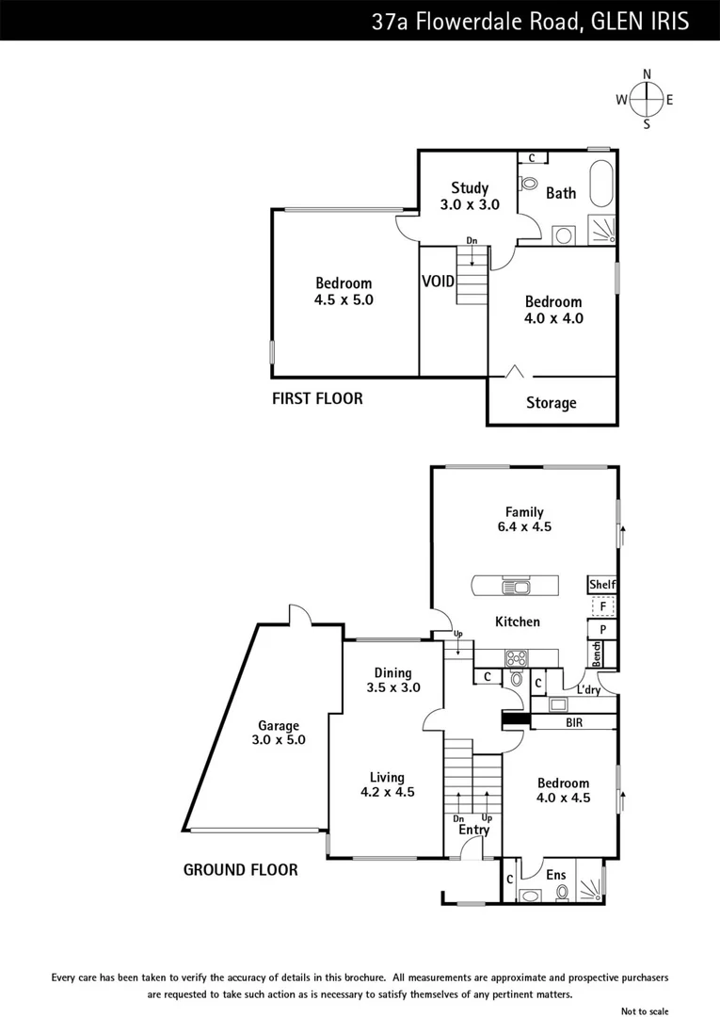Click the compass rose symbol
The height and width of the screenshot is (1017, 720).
[646, 99]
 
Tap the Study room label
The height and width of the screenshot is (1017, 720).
[469, 196]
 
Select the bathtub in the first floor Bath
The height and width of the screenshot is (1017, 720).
[600, 186]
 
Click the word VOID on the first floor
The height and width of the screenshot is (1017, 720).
[438, 282]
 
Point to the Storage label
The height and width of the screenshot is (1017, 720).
[551, 403]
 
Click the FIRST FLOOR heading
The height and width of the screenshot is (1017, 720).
[317, 398]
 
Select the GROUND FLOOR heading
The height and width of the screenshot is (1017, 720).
[240, 870]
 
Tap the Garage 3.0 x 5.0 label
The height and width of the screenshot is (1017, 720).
[280, 733]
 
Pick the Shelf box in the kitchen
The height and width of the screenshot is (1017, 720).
[601, 585]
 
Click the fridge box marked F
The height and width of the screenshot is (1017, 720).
[602, 607]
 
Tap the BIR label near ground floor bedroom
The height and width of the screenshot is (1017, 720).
[573, 722]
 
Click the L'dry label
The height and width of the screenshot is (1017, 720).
[588, 690]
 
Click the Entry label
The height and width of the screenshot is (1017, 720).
[474, 830]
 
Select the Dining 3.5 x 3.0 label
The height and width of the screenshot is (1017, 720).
[392, 680]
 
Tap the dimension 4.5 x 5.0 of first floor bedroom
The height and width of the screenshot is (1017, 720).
[344, 300]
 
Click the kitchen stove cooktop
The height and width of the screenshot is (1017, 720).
[517, 658]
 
